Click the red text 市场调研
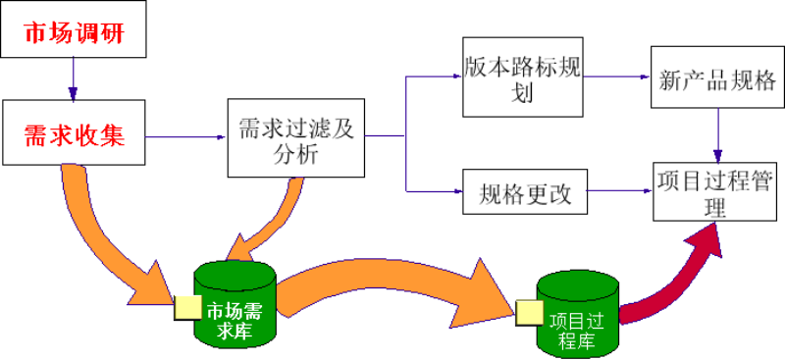pyautogui.click(x=75, y=34)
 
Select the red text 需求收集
pyautogui.click(x=75, y=136)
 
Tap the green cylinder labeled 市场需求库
pyautogui.click(x=235, y=304)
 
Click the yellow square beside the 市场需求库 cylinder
pyautogui.click(x=187, y=307)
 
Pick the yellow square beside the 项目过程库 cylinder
pyautogui.click(x=530, y=312)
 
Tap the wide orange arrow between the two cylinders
pyautogui.click(x=392, y=284)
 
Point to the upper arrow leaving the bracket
pyautogui.click(x=435, y=77)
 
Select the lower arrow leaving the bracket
pyautogui.click(x=435, y=191)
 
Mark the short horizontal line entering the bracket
pyautogui.click(x=384, y=135)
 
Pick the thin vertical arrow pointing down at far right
pyautogui.click(x=717, y=135)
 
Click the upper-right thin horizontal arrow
pyautogui.click(x=616, y=77)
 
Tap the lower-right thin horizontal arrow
pyautogui.click(x=618, y=190)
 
